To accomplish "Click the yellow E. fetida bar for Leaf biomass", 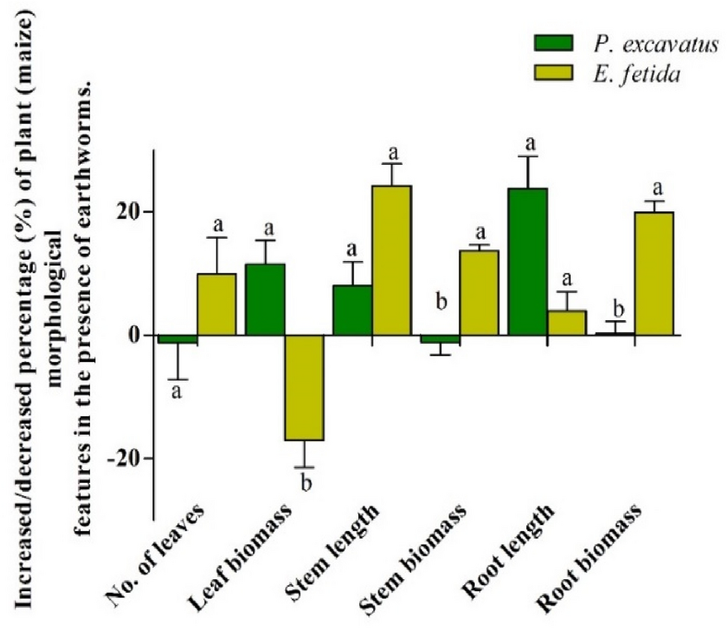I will pos(303,388).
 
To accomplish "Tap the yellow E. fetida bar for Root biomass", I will pos(653,273).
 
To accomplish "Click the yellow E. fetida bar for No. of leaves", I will pos(216,304).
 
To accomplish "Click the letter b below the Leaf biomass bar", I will pos(305,482).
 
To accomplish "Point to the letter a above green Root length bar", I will pos(529,143).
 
